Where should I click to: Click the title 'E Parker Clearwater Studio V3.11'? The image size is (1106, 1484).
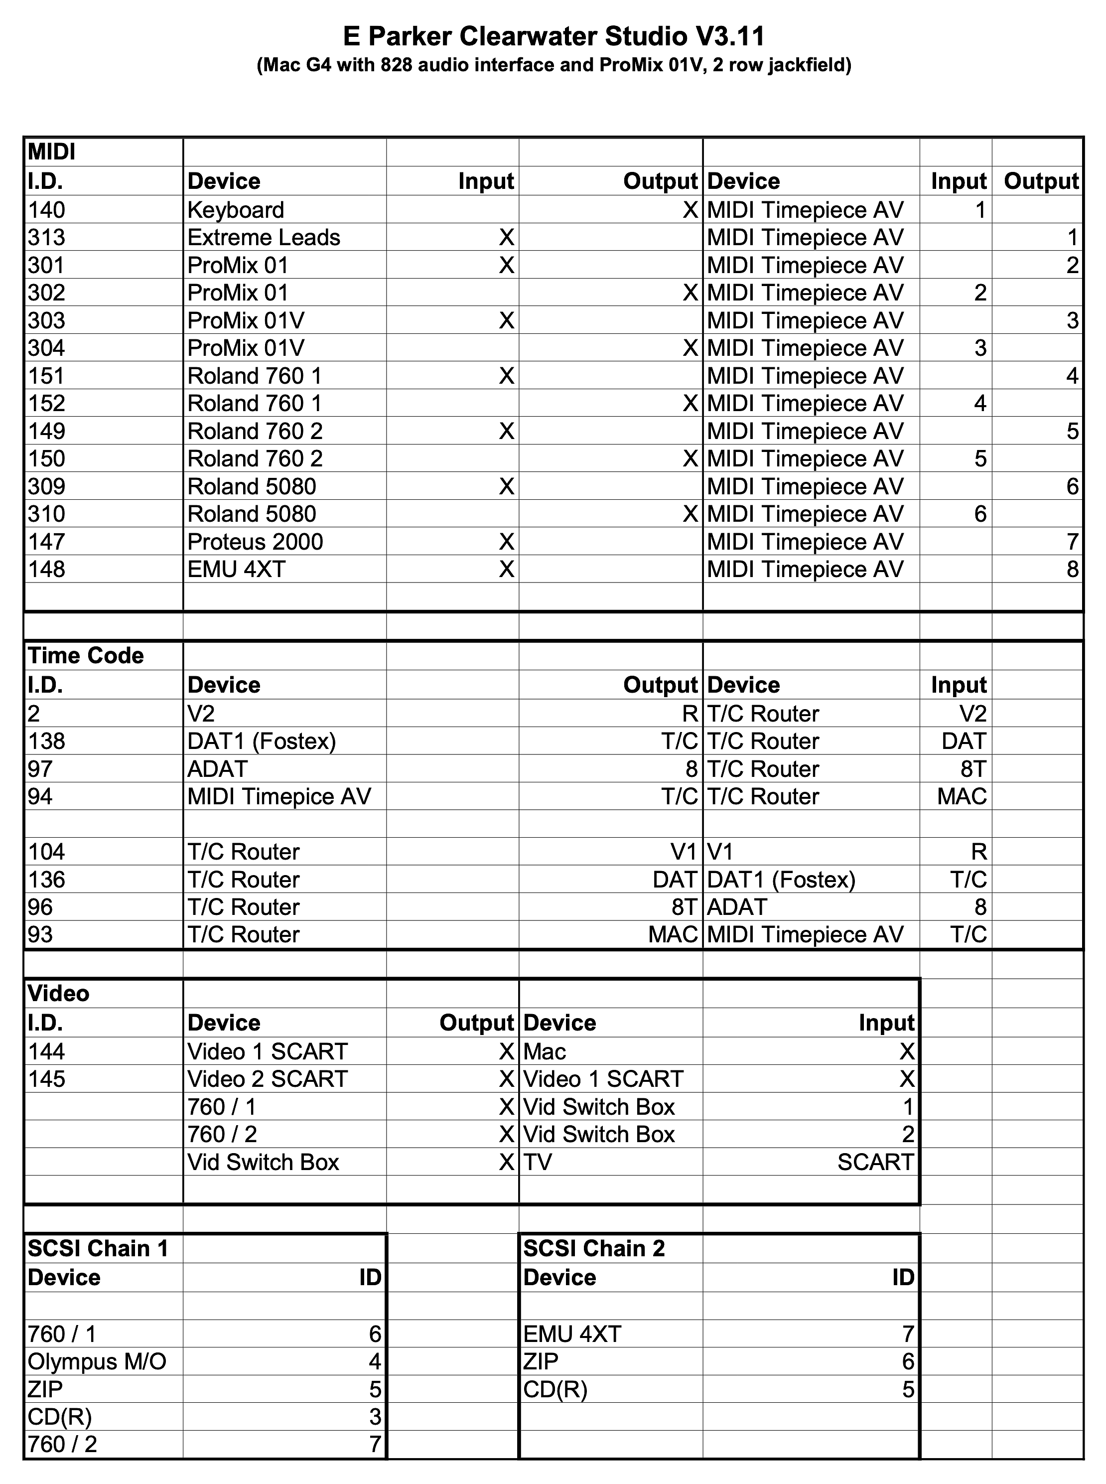point(553,37)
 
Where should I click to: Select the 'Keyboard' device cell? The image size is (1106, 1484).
point(236,210)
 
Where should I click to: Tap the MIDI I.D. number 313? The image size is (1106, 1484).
point(46,238)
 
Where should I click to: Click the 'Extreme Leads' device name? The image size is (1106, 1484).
point(264,238)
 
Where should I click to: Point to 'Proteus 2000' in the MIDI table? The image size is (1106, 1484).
point(255,542)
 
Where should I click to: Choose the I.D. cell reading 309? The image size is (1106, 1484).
point(46,487)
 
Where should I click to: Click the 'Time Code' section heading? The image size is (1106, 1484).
point(86,656)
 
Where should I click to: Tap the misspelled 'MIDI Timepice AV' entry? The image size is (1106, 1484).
point(279,797)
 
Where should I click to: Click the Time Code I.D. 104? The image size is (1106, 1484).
point(46,852)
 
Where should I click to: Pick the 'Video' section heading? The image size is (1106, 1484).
point(58,994)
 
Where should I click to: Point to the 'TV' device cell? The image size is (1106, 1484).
point(538,1162)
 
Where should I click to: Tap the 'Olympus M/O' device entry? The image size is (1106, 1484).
point(97,1361)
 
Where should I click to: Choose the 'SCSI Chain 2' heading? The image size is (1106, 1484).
point(594,1249)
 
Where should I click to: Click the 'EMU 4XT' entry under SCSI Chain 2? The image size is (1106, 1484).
point(572,1334)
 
